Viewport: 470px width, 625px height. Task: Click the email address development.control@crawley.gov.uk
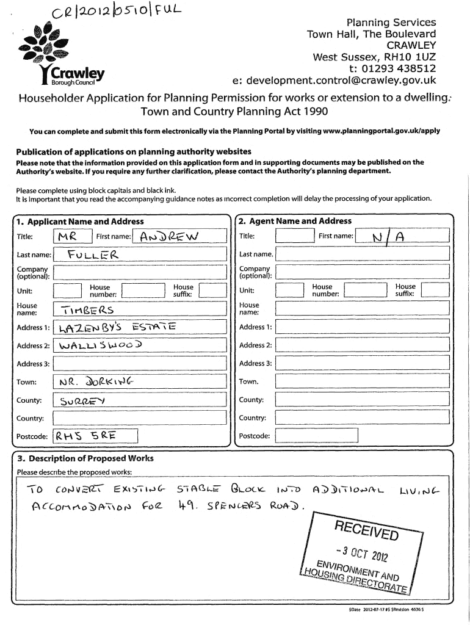(334, 81)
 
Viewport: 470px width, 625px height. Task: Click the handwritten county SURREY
(83, 401)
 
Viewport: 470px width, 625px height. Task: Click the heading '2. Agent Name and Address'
(295, 221)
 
